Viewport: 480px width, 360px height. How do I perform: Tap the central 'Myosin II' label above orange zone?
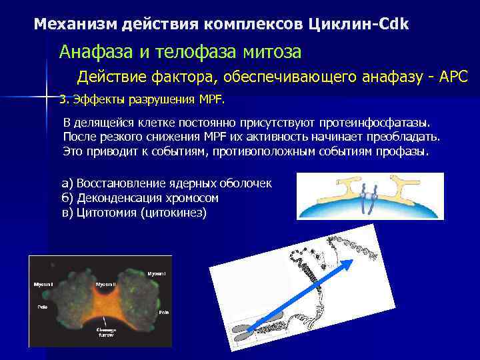coord(106,285)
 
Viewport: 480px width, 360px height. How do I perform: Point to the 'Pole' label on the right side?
coord(163,312)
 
